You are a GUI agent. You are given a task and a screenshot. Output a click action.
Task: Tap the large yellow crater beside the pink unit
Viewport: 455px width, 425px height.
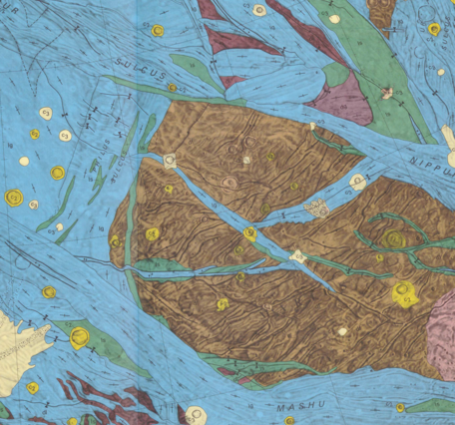tap(403, 292)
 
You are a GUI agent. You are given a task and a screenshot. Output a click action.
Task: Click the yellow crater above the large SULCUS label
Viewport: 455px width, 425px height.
tap(157, 30)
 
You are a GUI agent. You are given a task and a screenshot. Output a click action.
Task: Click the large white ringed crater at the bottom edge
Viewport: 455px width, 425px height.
tap(199, 414)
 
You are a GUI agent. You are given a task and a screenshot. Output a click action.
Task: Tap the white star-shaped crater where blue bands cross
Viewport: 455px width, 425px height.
tap(296, 256)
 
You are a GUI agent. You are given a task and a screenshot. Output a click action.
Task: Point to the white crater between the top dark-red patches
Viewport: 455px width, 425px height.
tap(259, 10)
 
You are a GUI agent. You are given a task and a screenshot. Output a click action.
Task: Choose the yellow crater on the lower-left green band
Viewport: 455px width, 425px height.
tap(80, 334)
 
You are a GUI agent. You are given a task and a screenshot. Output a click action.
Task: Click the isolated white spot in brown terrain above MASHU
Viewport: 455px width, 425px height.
tap(342, 330)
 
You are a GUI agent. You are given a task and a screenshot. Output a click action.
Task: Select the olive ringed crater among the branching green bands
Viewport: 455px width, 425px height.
tap(395, 239)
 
